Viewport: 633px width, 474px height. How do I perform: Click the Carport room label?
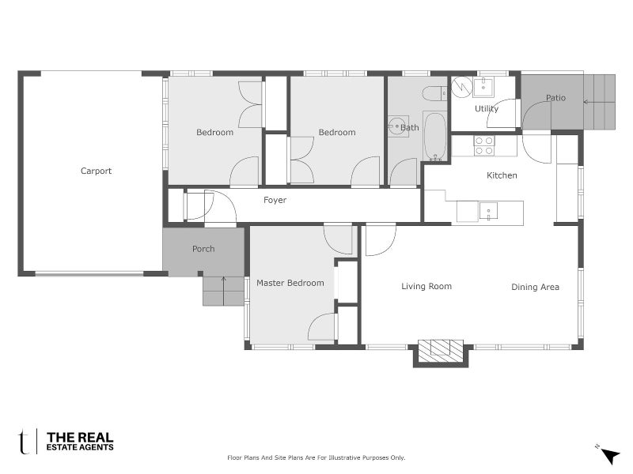coord(96,171)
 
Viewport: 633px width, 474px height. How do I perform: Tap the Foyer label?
coord(275,201)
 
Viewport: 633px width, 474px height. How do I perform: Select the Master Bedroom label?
coord(290,283)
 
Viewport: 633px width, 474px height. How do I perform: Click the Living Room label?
coord(426,287)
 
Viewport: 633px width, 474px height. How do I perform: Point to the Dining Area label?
coord(535,287)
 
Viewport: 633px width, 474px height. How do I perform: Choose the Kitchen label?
coord(502,175)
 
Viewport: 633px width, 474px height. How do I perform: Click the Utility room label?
coord(486,109)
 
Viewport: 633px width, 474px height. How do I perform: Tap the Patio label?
coord(555,98)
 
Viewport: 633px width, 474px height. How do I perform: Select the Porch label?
coord(203,249)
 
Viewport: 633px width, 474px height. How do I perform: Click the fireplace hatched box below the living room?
coord(441,350)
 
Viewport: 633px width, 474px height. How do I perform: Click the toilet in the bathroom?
coord(434,94)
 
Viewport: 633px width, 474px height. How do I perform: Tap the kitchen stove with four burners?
coord(483,145)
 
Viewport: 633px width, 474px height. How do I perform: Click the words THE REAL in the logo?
coord(80,437)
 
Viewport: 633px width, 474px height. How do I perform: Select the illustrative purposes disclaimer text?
coord(316,457)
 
